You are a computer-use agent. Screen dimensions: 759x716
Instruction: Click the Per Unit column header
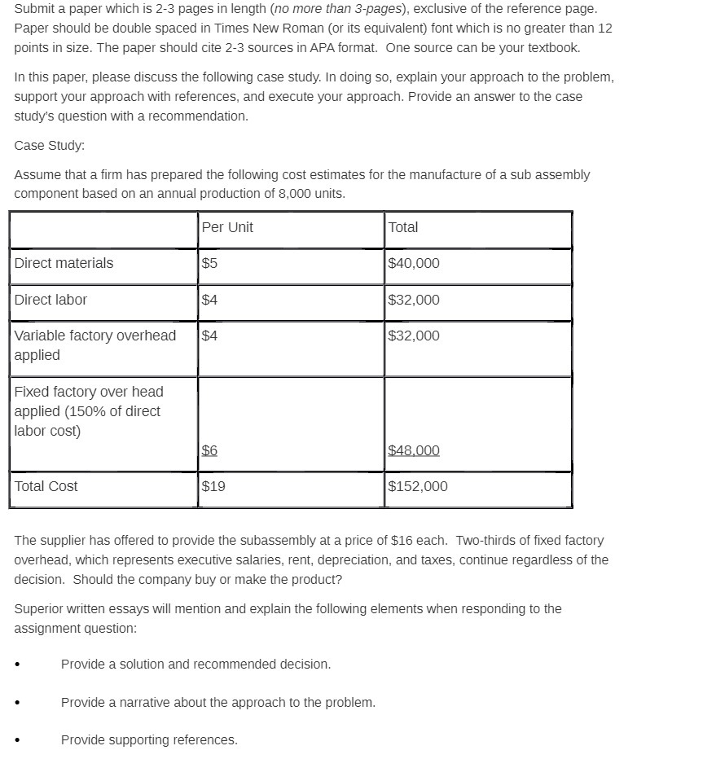click(x=227, y=227)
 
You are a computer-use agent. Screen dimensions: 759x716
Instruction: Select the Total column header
click(x=403, y=227)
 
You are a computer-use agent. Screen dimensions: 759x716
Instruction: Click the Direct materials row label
click(x=64, y=263)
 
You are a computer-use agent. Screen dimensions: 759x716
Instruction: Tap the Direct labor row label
click(x=51, y=300)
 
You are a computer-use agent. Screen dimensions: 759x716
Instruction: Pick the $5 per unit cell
click(x=209, y=263)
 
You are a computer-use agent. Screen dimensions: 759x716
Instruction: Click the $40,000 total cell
click(x=414, y=263)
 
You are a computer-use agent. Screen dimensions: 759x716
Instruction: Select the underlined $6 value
click(x=209, y=450)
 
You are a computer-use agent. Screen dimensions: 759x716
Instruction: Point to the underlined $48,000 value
click(x=414, y=450)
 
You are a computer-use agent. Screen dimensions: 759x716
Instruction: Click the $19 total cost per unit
click(x=213, y=486)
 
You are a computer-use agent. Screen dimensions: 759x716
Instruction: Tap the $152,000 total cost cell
click(x=418, y=486)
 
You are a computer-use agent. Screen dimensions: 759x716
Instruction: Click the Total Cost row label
click(x=46, y=486)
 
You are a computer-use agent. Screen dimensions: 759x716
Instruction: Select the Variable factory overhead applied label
click(x=94, y=345)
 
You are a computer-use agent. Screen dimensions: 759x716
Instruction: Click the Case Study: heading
click(x=49, y=145)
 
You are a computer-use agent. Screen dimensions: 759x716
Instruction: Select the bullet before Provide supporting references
click(x=18, y=740)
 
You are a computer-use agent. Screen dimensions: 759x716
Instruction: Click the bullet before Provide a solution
click(x=18, y=665)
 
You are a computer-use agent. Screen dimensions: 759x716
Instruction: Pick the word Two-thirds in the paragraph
click(x=485, y=540)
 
